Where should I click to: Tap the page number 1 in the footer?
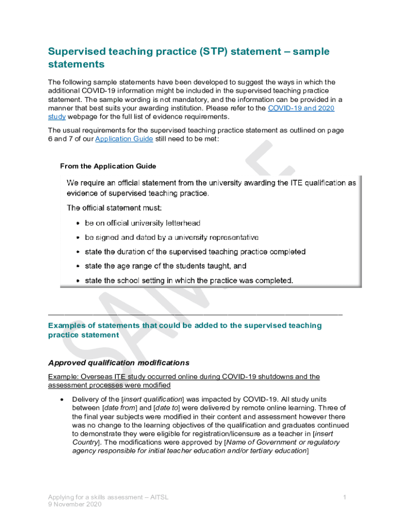pos(344,497)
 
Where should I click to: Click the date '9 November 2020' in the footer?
pos(75,505)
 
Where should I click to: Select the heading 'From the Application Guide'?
pos(108,166)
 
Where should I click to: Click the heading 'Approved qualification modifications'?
pos(119,362)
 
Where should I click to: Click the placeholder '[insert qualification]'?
pos(152,400)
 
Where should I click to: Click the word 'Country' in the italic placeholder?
pos(86,443)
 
